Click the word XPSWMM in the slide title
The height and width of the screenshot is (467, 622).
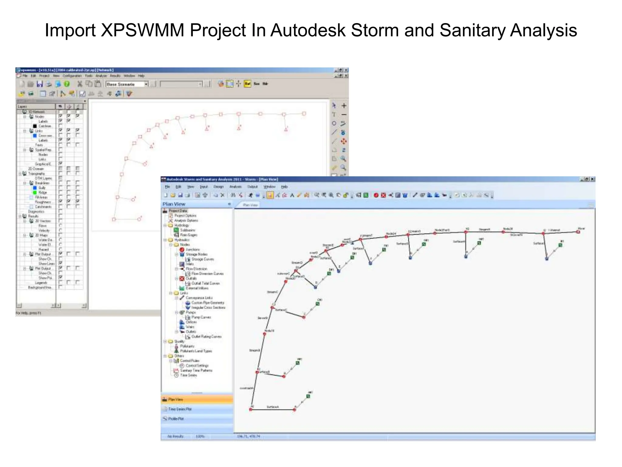click(x=142, y=30)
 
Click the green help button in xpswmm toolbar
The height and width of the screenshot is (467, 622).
click(x=67, y=84)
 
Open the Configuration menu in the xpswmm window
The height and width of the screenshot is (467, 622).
click(x=72, y=76)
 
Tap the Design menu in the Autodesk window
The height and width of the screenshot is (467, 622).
click(x=218, y=187)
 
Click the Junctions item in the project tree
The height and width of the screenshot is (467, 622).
click(x=193, y=250)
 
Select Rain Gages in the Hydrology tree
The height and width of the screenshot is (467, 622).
click(x=188, y=235)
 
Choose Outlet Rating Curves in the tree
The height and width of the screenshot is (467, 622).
click(x=206, y=337)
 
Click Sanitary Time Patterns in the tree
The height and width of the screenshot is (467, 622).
click(x=196, y=371)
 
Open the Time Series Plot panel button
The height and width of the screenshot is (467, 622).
click(x=180, y=409)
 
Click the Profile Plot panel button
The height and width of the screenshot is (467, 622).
click(x=176, y=419)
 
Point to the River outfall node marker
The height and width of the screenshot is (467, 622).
click(x=578, y=232)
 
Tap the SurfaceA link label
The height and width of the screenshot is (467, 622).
click(x=272, y=407)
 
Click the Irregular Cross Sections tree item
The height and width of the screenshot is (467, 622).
click(x=208, y=308)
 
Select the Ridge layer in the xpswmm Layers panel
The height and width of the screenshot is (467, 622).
click(x=43, y=192)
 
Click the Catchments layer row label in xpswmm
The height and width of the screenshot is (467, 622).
click(x=43, y=207)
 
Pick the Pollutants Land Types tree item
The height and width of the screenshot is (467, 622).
click(x=196, y=351)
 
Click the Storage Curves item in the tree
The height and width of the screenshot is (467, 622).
click(x=203, y=259)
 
